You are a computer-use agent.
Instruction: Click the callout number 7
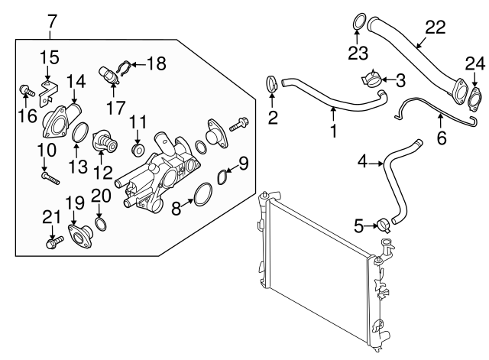51,20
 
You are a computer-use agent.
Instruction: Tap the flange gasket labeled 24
475,98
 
